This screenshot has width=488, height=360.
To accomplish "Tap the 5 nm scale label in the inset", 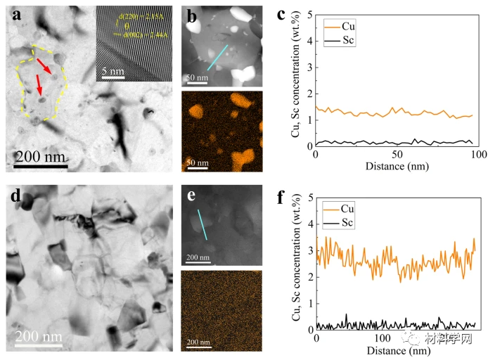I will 113,70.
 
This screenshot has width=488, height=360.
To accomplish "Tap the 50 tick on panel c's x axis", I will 397,155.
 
